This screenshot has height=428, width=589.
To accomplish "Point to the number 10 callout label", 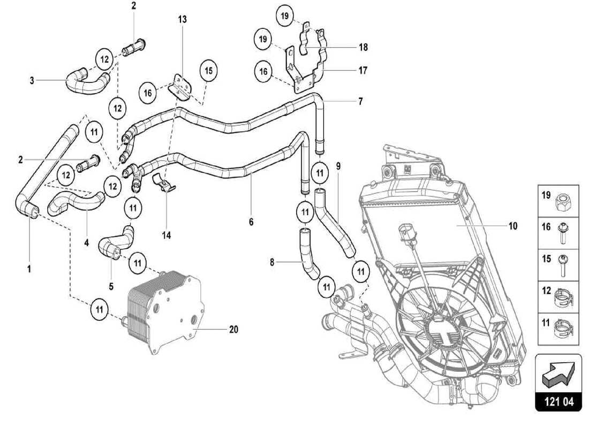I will [x=513, y=226].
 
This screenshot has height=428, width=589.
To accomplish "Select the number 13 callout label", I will [x=183, y=19].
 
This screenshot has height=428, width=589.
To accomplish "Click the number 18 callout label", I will [x=363, y=48].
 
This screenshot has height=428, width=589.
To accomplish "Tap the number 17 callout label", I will [x=363, y=70].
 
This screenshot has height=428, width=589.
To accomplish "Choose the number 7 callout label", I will [x=360, y=101].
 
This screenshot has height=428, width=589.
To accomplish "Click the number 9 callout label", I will [x=338, y=166].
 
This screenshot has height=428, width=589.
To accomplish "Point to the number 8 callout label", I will [x=271, y=262].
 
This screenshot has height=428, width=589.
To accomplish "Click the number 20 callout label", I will [x=233, y=330].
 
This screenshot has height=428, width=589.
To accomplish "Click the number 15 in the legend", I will [x=546, y=258].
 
